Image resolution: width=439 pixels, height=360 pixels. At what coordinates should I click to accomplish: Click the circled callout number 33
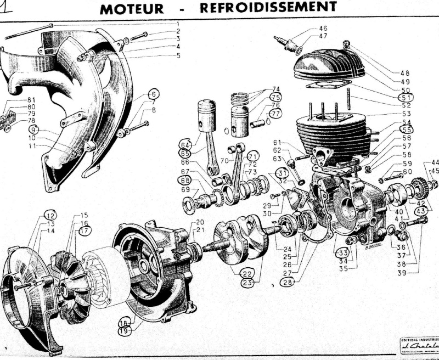(343, 252)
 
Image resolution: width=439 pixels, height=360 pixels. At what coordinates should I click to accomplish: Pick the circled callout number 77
(275, 114)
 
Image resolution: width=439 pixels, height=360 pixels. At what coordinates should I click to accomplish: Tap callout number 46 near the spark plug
(323, 28)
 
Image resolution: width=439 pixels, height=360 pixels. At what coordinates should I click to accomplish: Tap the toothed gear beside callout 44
(419, 190)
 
